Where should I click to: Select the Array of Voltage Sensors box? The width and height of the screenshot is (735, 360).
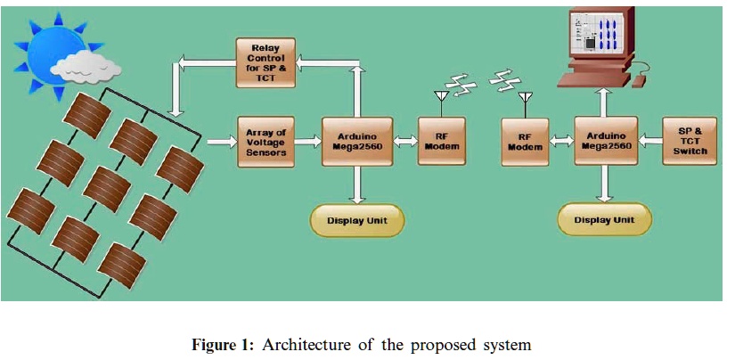(265, 141)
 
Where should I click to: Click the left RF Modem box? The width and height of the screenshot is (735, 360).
(441, 141)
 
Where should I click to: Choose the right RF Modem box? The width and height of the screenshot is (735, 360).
(525, 141)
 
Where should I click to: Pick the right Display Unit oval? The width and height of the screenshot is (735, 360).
(604, 219)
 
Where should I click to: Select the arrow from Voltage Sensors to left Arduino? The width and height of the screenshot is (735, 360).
(307, 141)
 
